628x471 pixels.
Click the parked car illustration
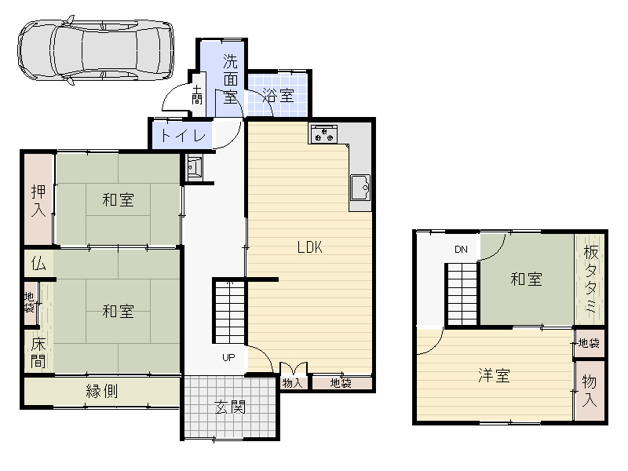(96, 49)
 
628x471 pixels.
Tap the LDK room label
(310, 247)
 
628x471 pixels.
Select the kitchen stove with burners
(324, 133)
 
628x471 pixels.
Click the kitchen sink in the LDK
(360, 188)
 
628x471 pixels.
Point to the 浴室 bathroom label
(279, 96)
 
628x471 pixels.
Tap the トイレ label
(183, 136)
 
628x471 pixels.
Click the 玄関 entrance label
(230, 407)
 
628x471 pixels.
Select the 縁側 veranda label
(102, 391)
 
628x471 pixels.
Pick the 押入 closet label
(38, 200)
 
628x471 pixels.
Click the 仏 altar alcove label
(38, 264)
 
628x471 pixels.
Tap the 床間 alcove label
(38, 352)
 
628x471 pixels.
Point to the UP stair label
(228, 358)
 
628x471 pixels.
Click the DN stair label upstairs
(461, 250)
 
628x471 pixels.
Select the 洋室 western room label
(495, 376)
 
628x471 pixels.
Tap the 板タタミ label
(591, 279)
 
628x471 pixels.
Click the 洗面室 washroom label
(230, 79)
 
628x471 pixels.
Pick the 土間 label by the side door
(197, 95)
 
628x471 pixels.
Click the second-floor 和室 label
(526, 279)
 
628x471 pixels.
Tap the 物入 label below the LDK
(292, 383)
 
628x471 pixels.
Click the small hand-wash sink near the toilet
(195, 166)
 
